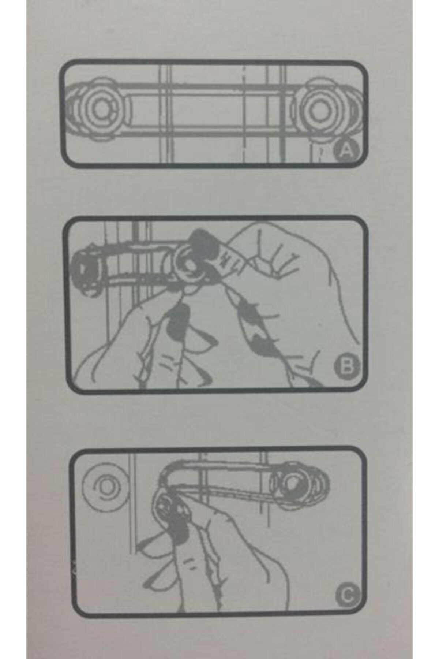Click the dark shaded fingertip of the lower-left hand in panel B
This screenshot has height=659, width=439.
tap(176, 322)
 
